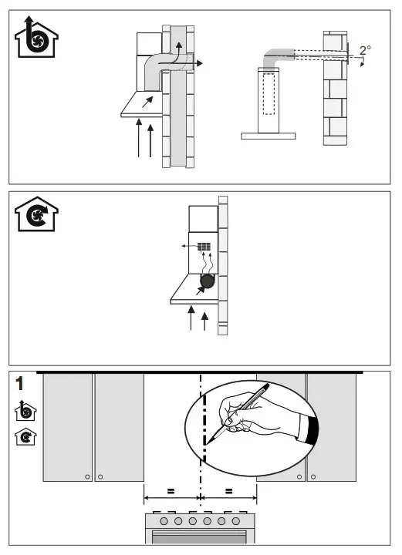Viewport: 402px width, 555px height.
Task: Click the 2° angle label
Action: (x=365, y=50)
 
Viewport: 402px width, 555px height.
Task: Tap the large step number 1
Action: (x=20, y=383)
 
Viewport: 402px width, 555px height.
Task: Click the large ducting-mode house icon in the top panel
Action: (x=36, y=37)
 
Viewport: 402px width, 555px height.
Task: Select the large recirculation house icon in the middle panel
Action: (x=36, y=214)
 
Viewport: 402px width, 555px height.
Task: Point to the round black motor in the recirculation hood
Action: (x=208, y=281)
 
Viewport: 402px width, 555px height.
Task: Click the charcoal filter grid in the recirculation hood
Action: (x=204, y=247)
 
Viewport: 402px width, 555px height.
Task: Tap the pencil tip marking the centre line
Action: (x=207, y=442)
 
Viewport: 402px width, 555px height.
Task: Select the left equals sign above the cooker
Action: (x=171, y=491)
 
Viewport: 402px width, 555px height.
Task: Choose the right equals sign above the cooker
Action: (x=229, y=491)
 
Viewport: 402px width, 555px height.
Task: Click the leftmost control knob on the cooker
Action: (x=164, y=521)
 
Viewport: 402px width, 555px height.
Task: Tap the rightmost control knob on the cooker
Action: (x=236, y=521)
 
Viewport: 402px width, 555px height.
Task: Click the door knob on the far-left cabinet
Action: (x=87, y=477)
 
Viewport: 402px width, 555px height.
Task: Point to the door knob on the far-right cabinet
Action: (x=313, y=477)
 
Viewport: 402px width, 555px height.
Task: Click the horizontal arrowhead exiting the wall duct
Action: (x=200, y=63)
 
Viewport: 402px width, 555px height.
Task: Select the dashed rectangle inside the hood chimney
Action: (x=269, y=94)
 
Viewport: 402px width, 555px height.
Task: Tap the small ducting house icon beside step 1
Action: (x=25, y=412)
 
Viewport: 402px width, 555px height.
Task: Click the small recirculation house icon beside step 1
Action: (x=25, y=437)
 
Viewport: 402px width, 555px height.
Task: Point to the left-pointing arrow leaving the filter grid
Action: (x=190, y=246)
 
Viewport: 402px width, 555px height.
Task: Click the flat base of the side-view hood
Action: (x=269, y=136)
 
